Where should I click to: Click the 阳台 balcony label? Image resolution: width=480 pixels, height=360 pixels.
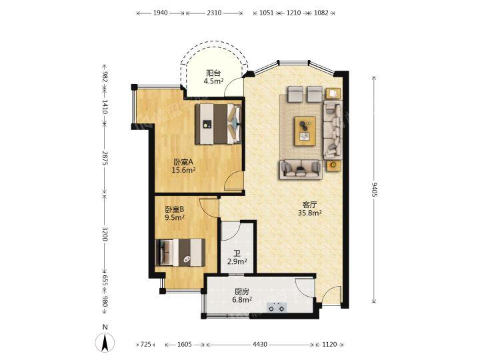pos(213,73)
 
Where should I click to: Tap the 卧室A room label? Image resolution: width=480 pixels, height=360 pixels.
pos(183,162)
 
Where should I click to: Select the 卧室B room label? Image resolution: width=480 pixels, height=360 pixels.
pos(175,209)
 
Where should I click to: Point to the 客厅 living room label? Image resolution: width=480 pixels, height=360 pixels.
pos(309,205)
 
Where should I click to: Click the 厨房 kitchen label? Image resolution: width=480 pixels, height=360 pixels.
pos(242,292)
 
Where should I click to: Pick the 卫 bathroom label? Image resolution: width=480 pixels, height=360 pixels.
pos(237,254)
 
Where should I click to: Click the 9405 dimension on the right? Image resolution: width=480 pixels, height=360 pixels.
pos(374,190)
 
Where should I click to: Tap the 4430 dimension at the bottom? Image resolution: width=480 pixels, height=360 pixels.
pos(259,345)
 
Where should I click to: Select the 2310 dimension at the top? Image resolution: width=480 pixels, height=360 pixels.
pos(214,13)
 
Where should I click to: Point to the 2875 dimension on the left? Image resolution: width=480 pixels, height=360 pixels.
pos(105,158)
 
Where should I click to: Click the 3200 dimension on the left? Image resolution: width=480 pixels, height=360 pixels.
pos(105,233)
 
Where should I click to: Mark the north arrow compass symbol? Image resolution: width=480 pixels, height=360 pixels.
pos(105,341)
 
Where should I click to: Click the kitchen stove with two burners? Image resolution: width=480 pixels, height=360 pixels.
pos(277,307)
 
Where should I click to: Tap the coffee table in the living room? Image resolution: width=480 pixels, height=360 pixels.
pos(305,131)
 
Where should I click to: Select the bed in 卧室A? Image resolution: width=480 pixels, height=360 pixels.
pos(219,124)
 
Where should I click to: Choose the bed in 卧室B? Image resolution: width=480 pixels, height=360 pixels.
pos(180,253)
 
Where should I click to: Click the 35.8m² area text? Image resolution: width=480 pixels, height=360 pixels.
pos(309,213)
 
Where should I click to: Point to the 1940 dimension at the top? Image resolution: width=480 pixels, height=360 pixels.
pos(160,13)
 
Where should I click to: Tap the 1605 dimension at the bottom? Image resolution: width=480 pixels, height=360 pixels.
pos(184,345)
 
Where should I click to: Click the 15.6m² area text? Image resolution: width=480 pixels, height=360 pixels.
pos(183,170)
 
